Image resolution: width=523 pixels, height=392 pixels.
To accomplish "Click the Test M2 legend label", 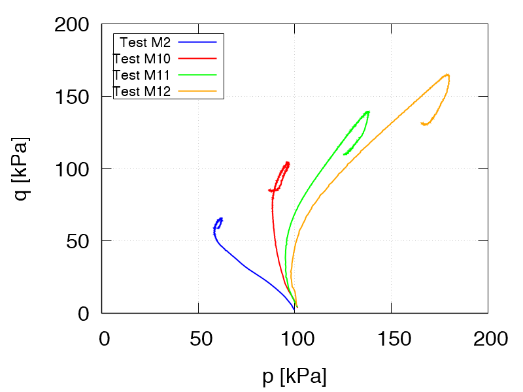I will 145,42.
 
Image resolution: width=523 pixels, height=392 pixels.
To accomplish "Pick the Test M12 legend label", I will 142,91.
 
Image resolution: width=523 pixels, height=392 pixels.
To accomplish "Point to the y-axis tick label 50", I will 77,242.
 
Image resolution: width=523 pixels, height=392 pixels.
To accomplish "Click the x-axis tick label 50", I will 198,338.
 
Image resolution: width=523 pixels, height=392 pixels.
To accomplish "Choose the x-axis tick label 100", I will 295,338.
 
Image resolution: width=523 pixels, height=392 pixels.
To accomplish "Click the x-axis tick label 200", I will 488,338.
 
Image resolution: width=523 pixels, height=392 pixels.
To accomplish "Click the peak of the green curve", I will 369,111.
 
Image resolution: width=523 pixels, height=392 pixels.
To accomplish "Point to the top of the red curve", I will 288,163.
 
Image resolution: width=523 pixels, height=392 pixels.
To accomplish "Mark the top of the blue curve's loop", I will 222,218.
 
